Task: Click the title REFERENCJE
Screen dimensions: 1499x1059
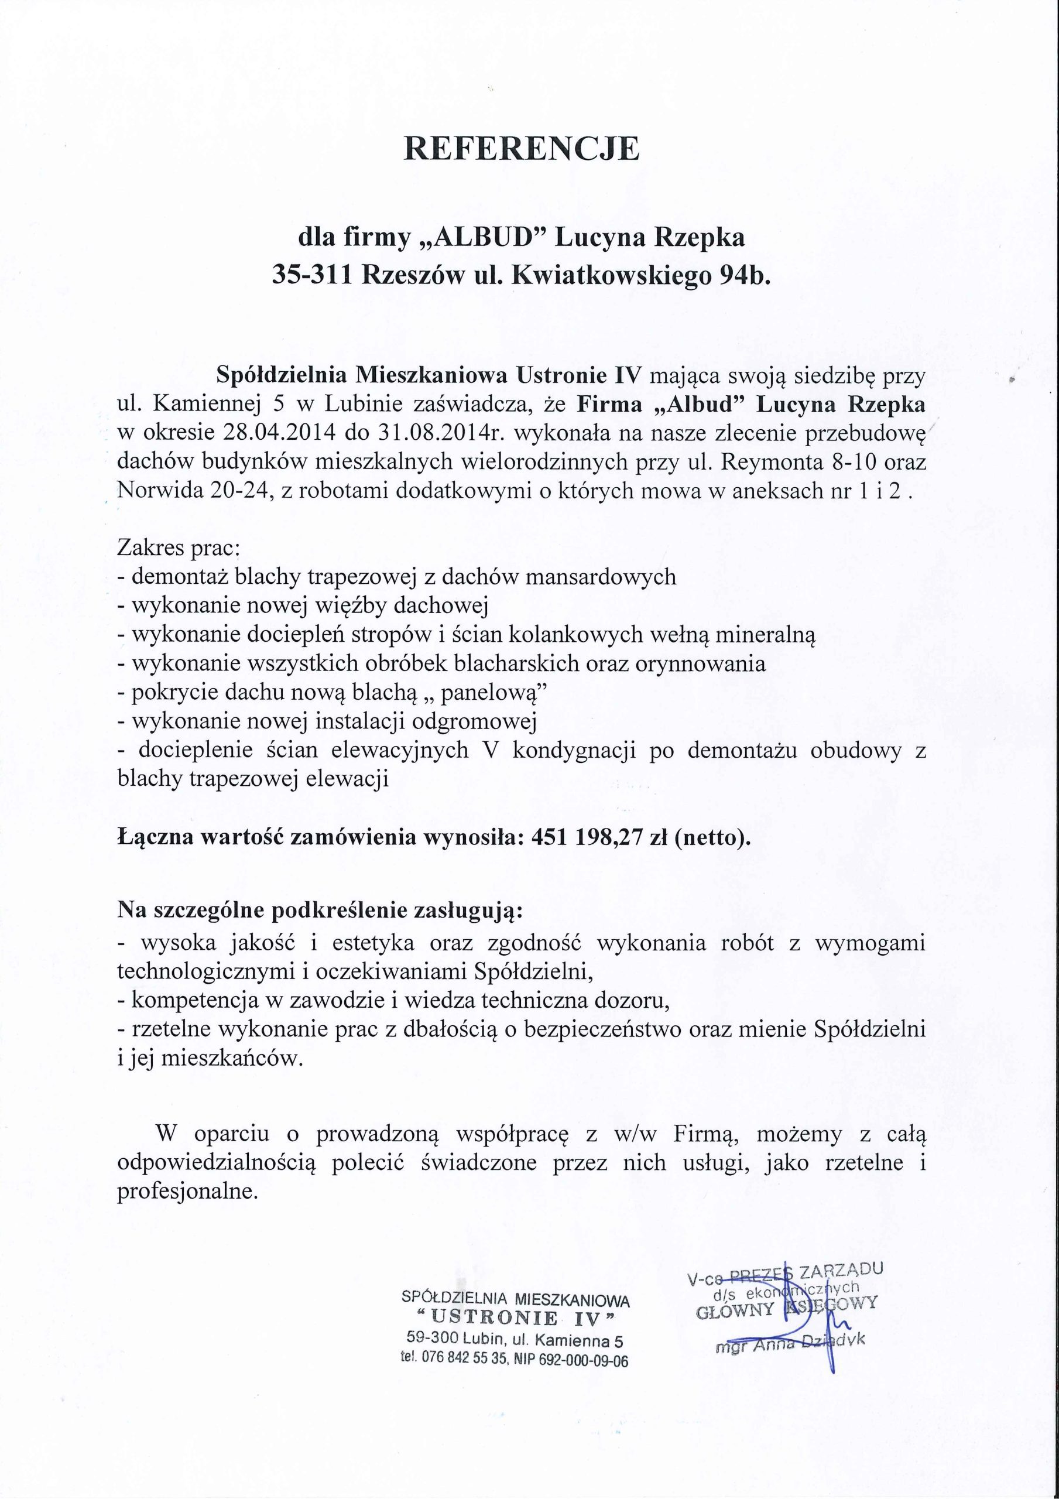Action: click(522, 149)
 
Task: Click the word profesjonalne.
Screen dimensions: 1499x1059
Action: click(188, 1192)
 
